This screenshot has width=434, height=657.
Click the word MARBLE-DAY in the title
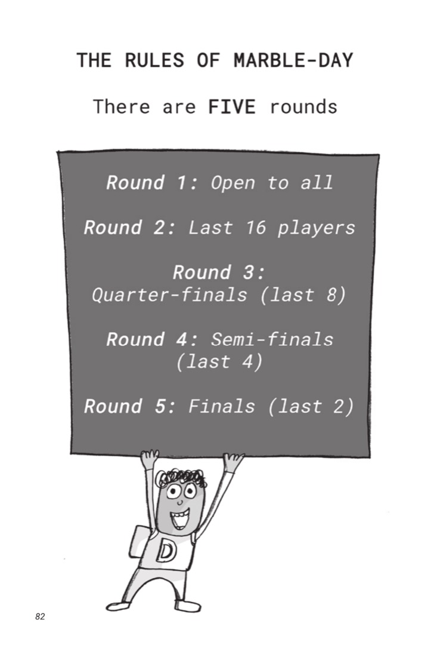[293, 60]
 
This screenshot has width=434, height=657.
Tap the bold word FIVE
[232, 107]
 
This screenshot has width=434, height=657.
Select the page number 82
[40, 616]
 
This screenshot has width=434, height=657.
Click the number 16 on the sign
[256, 228]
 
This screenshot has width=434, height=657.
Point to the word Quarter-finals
[169, 295]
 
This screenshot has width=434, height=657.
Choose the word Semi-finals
[272, 339]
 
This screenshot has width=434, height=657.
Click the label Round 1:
[152, 183]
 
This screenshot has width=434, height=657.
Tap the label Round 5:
[130, 406]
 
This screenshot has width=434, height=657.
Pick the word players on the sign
[316, 228]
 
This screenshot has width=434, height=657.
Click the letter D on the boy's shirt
[166, 551]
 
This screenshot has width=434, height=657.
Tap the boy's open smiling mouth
[180, 519]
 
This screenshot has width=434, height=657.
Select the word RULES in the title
[154, 60]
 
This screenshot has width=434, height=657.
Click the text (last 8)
[303, 295]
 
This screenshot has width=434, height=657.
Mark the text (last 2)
[311, 406]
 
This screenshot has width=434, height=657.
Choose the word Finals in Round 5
[222, 406]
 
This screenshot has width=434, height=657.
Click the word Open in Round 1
[233, 183]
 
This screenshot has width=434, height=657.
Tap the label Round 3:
[219, 272]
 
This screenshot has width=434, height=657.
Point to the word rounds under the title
[303, 107]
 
